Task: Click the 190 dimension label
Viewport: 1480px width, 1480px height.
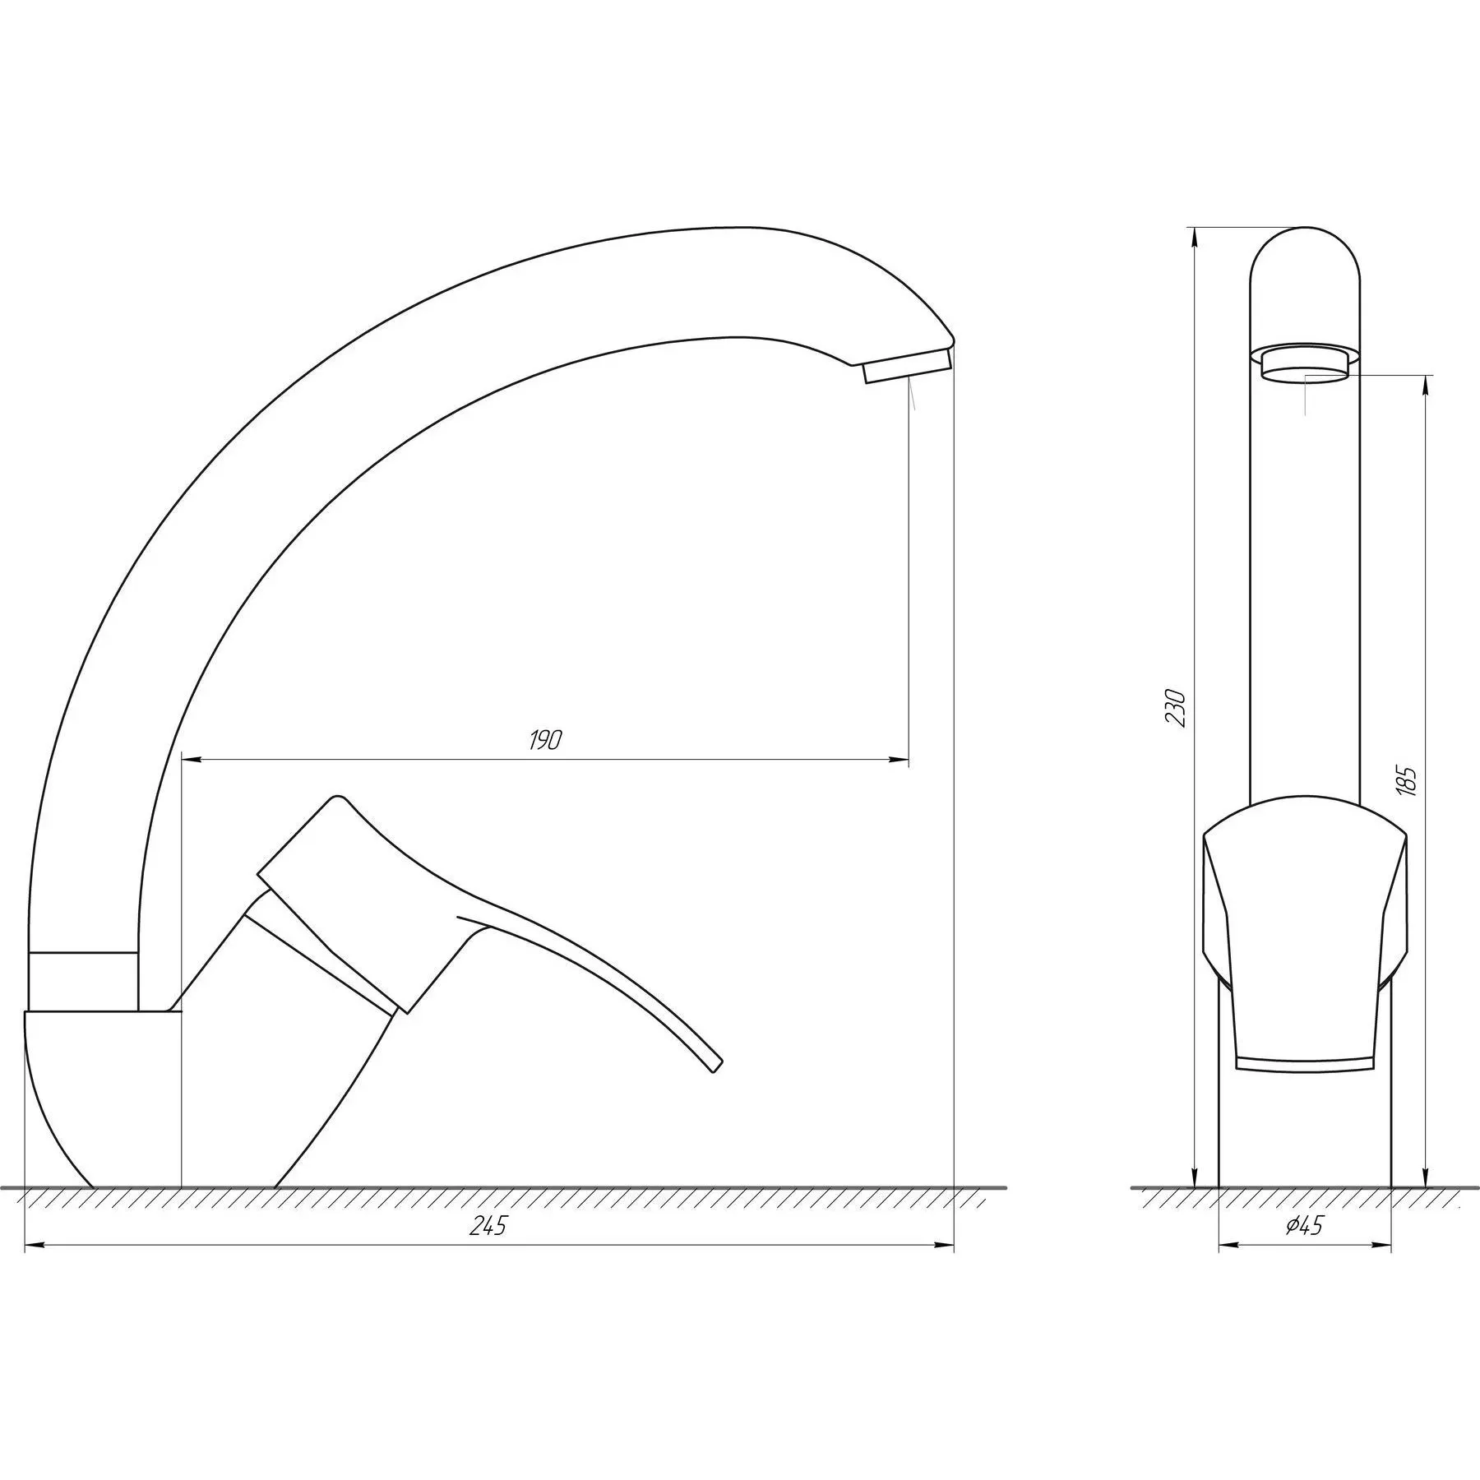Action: pyautogui.click(x=544, y=740)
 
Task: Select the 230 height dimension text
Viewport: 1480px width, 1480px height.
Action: pyautogui.click(x=1177, y=707)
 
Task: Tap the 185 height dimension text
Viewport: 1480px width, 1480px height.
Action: pyautogui.click(x=1407, y=780)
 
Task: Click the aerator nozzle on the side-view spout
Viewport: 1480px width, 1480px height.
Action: pyautogui.click(x=906, y=365)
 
